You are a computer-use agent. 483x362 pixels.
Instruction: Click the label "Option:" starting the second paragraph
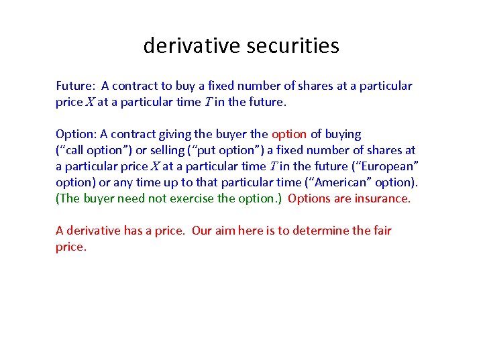point(76,134)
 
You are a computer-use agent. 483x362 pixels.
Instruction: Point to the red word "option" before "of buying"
point(289,134)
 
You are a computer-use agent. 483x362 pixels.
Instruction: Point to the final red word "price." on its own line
point(71,247)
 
